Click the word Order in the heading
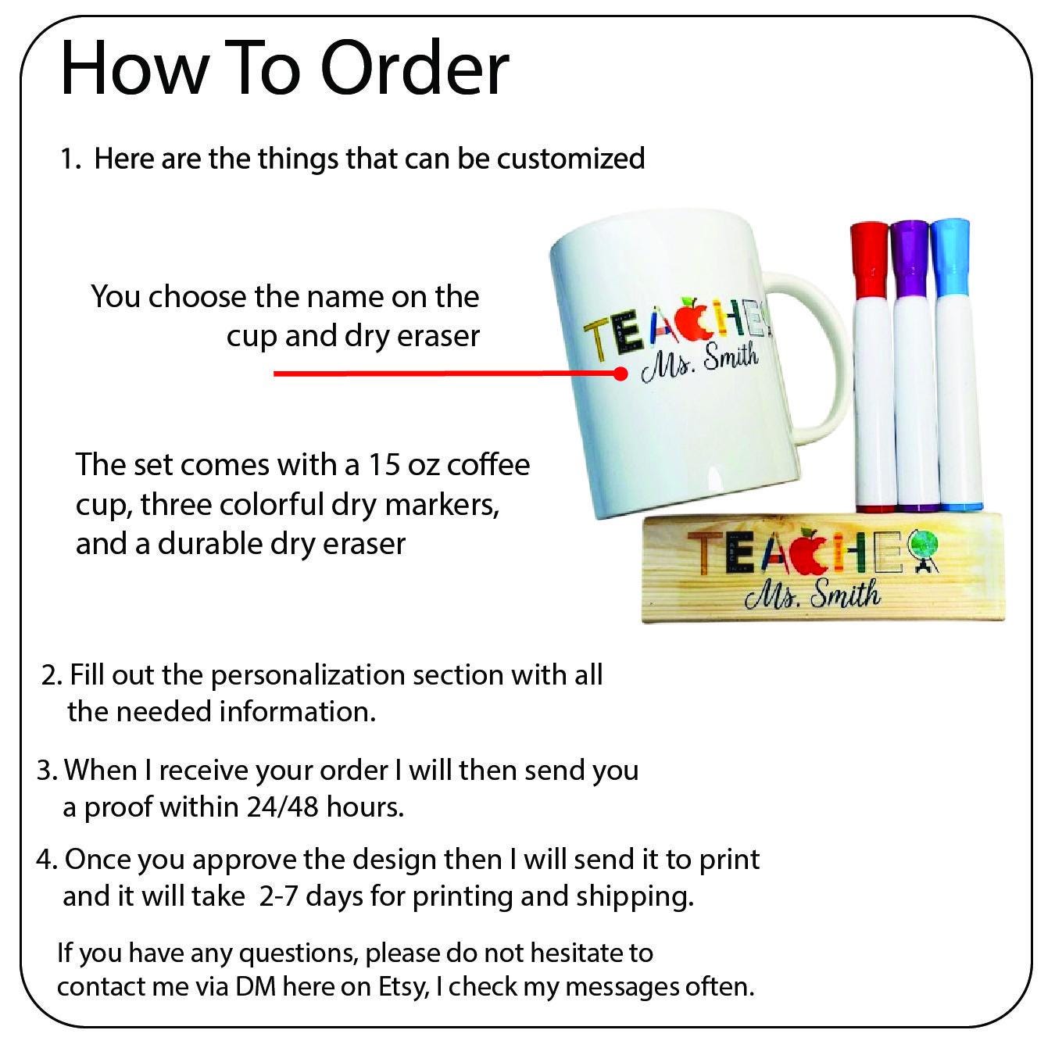pos(415,69)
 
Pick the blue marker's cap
pos(950,258)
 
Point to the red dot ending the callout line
pos(620,374)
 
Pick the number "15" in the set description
pos(383,465)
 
